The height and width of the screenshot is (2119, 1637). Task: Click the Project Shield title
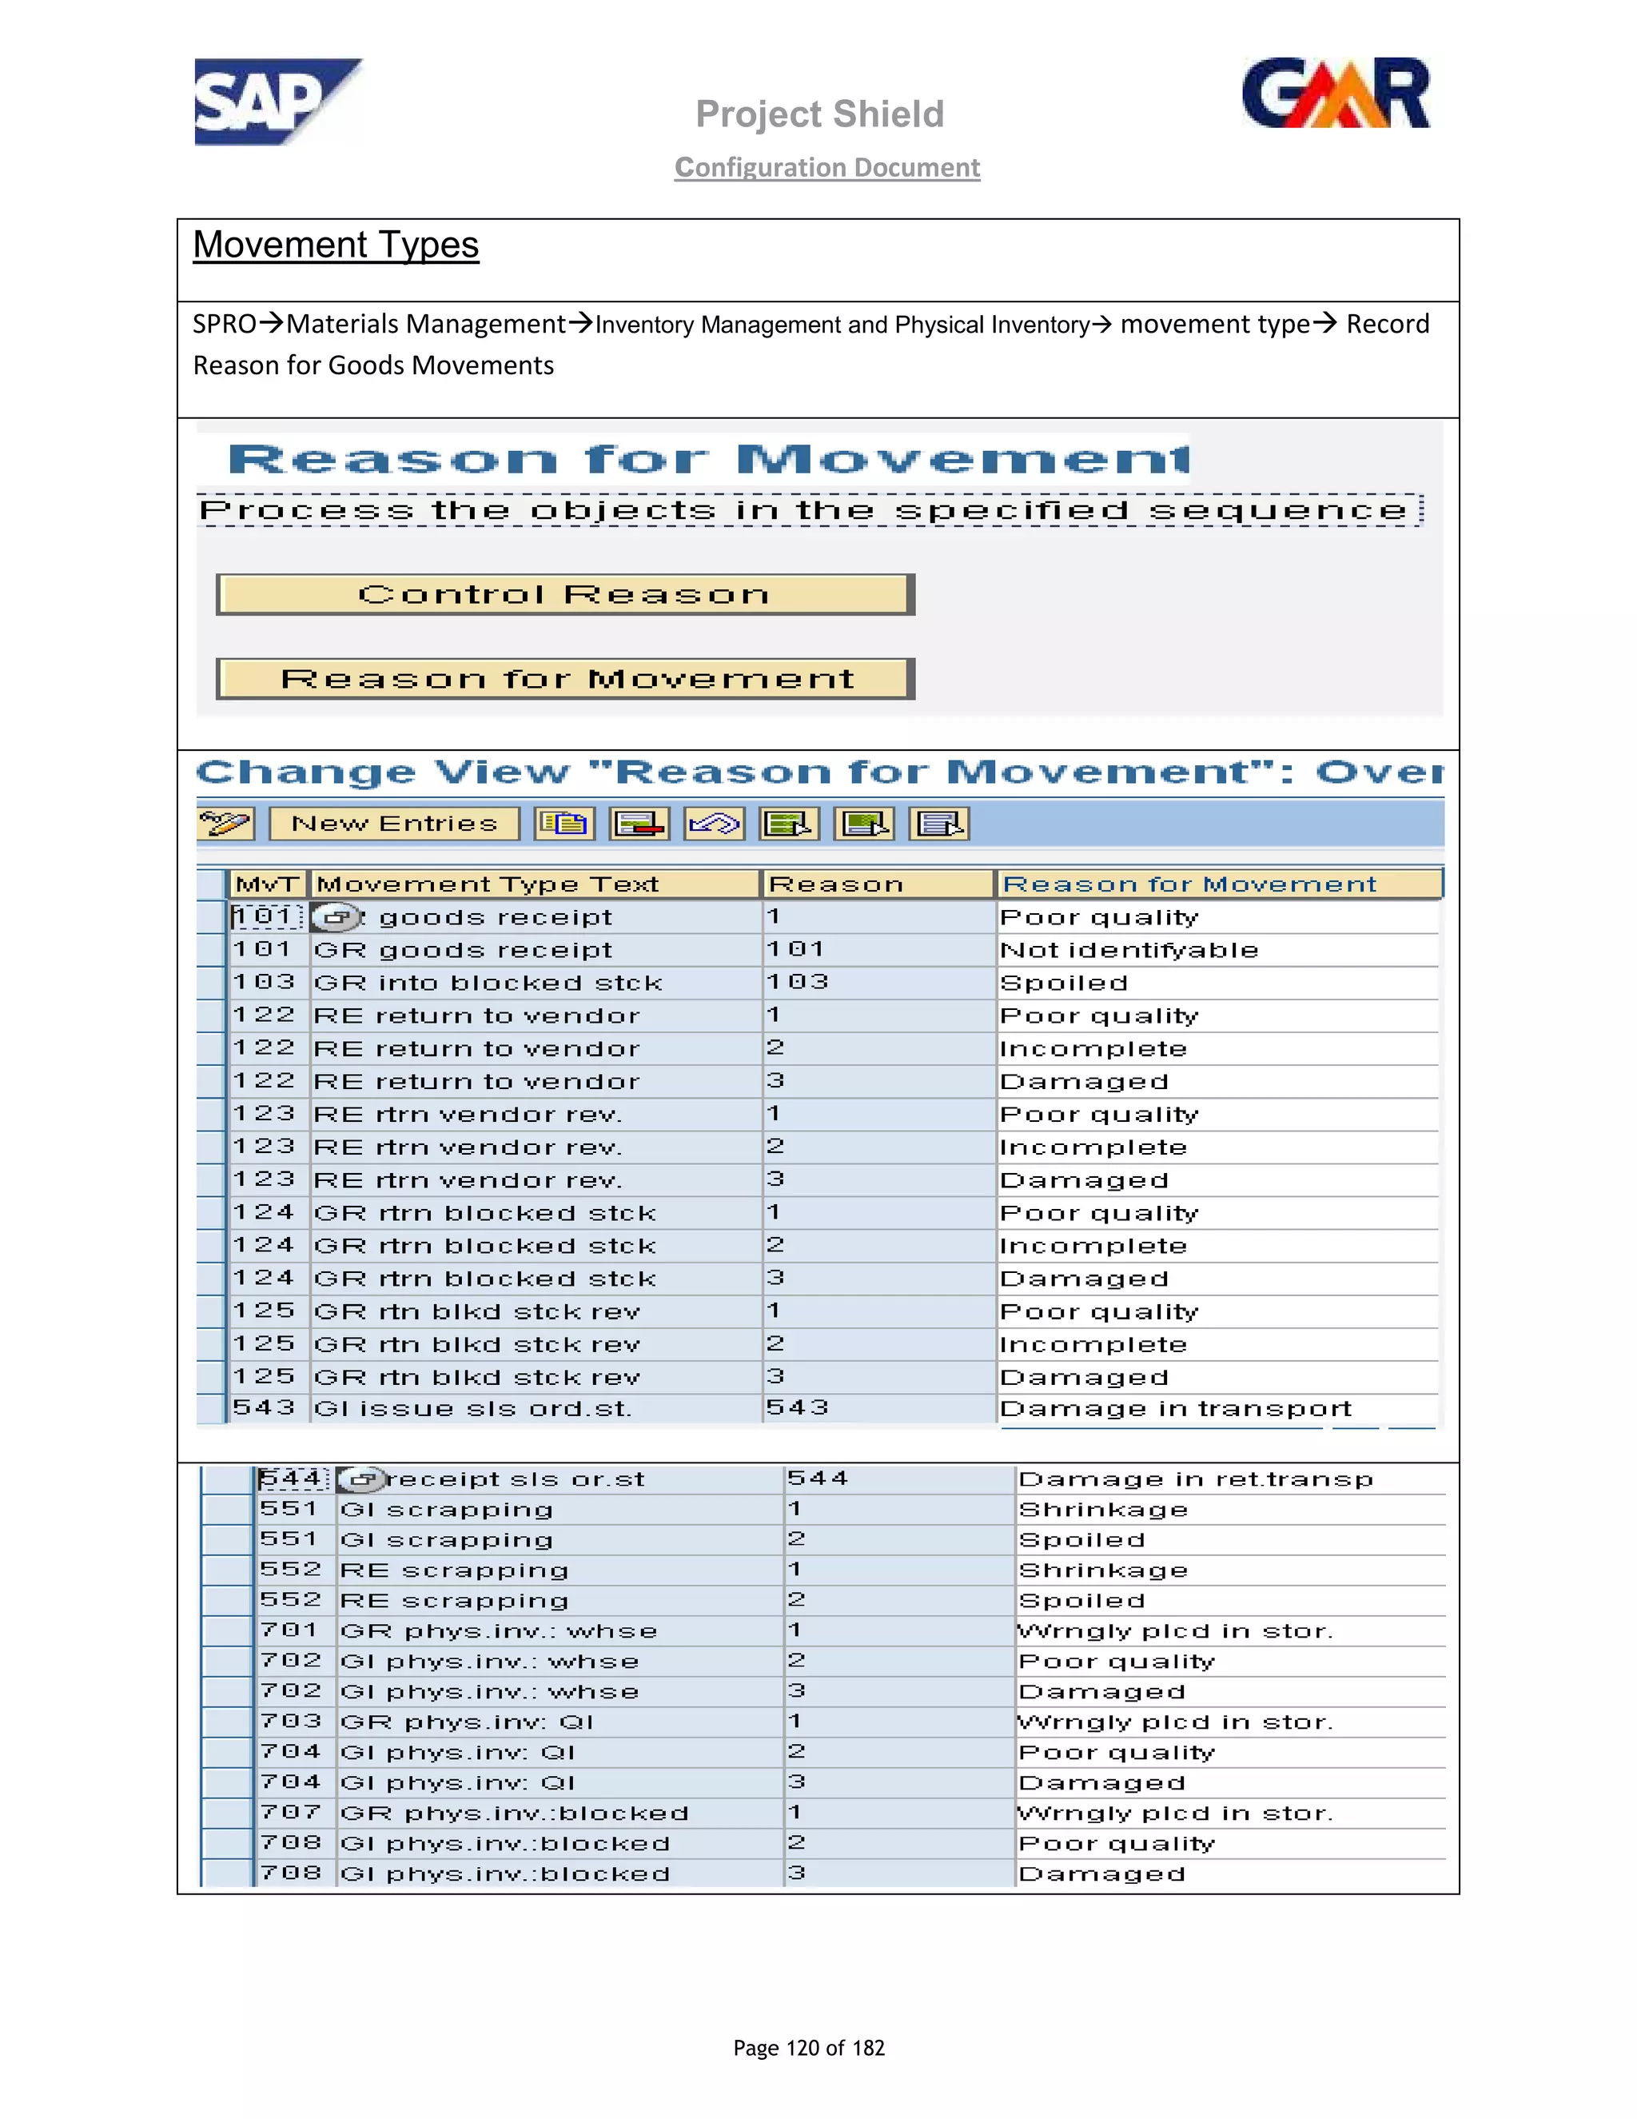click(x=819, y=114)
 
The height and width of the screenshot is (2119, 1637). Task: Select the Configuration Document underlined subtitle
click(x=827, y=168)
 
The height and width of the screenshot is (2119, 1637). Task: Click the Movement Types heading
click(x=336, y=245)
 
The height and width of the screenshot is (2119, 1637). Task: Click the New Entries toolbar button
click(x=394, y=824)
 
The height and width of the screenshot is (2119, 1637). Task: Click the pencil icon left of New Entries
click(x=225, y=824)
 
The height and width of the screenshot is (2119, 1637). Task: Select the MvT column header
click(x=268, y=884)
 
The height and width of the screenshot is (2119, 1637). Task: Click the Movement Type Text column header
click(x=488, y=884)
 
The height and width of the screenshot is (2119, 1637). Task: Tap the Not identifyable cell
click(x=1129, y=950)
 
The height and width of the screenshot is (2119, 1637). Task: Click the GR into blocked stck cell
click(x=488, y=983)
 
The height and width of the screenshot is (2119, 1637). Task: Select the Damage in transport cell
click(x=1175, y=1409)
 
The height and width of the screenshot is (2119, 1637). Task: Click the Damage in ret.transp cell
click(x=1196, y=1479)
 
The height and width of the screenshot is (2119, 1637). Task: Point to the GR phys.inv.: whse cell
click(x=499, y=1632)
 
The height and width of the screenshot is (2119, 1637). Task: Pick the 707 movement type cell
click(x=290, y=1813)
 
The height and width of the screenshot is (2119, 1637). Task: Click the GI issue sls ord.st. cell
click(x=472, y=1409)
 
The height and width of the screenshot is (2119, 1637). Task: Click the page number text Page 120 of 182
click(x=809, y=2048)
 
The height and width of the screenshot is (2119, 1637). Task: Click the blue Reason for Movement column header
click(x=1189, y=884)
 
